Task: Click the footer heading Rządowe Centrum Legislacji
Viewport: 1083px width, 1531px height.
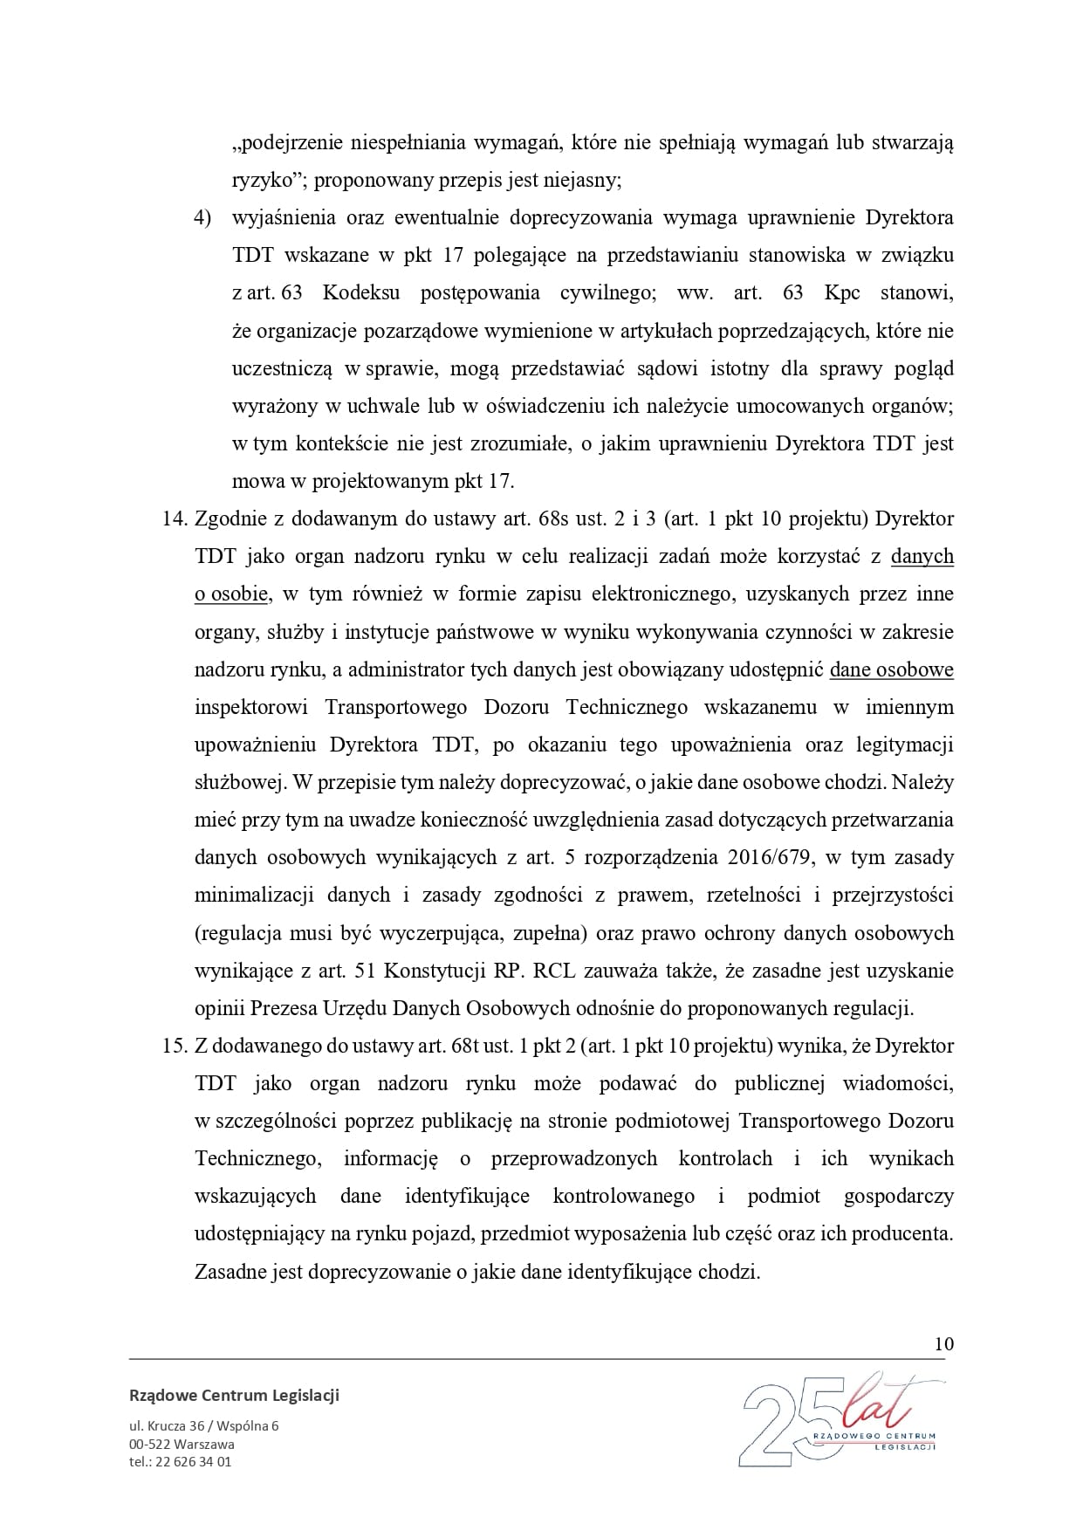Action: click(234, 1395)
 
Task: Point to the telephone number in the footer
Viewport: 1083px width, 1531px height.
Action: click(180, 1461)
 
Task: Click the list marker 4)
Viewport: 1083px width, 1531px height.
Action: click(202, 218)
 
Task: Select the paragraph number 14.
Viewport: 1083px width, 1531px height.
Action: click(175, 518)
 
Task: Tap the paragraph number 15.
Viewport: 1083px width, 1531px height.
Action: click(175, 1046)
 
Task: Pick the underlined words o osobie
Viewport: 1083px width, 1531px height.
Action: click(231, 594)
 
